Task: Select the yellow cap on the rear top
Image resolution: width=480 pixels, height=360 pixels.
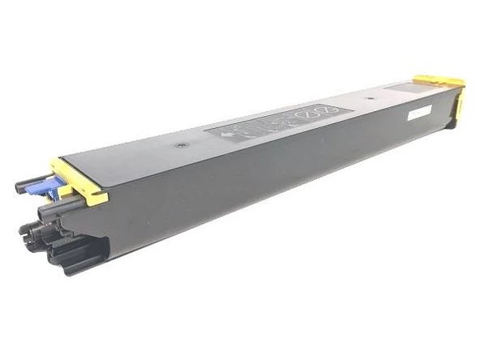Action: point(438,83)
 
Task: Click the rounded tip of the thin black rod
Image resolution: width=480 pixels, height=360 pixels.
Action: point(19,186)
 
